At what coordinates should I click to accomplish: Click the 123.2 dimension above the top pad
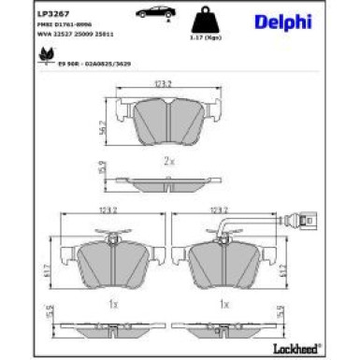tap(165, 83)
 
